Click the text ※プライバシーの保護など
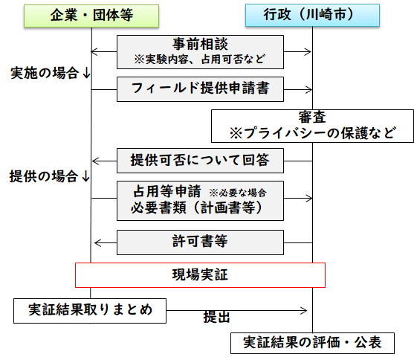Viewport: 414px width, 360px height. tap(311, 134)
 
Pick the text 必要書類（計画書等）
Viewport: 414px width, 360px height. tap(196, 208)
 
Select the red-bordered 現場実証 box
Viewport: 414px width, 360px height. tap(200, 274)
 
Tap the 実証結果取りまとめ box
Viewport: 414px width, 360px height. tap(90, 310)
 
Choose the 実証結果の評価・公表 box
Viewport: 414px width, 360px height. tap(311, 343)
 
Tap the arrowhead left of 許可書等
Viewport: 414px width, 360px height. tap(96, 242)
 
